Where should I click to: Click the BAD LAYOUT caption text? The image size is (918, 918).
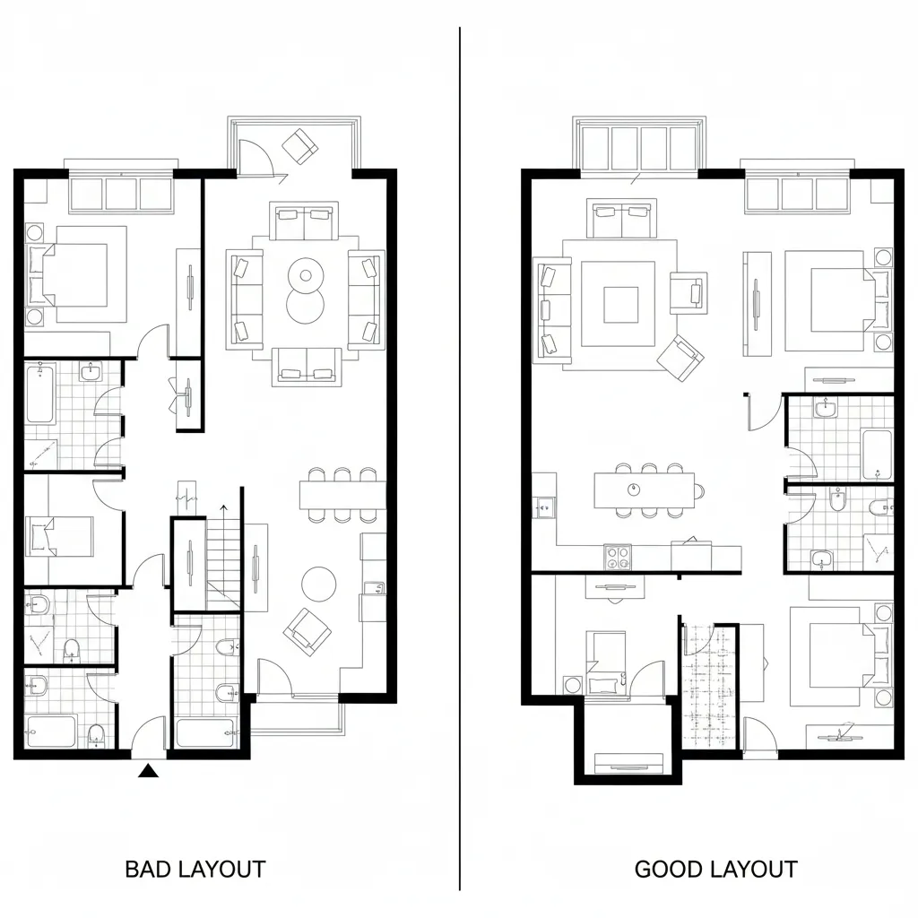tap(195, 869)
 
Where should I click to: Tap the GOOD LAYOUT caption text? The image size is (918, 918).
tap(715, 869)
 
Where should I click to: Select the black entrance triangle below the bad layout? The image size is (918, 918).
tap(149, 769)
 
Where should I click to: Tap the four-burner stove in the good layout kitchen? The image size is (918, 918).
tap(618, 558)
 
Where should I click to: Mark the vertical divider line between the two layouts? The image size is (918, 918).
tap(460, 448)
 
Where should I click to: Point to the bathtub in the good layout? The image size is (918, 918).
tap(876, 454)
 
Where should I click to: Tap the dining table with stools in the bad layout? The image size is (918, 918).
tap(342, 494)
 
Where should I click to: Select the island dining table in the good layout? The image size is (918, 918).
tap(644, 490)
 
